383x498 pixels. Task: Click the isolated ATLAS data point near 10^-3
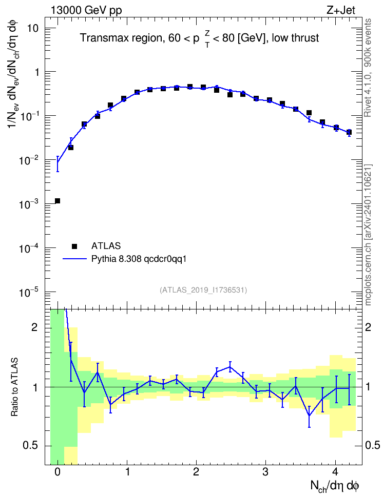tap(58, 201)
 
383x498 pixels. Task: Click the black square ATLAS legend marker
tap(74, 246)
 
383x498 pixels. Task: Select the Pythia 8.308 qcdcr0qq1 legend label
tap(139, 259)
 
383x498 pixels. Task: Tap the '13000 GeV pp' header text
tap(86, 10)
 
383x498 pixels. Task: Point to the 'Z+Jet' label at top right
tap(341, 10)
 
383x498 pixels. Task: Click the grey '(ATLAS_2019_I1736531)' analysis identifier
tap(203, 289)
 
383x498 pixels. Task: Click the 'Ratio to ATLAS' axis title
tap(15, 387)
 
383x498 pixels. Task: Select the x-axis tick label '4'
tap(335, 472)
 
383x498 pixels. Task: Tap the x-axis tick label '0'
tap(58, 472)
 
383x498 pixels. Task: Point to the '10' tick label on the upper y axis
tap(32, 28)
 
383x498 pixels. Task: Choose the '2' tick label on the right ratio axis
tap(368, 327)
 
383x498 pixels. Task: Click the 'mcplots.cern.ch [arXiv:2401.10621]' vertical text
tap(368, 235)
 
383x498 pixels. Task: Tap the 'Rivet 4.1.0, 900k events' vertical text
tap(368, 68)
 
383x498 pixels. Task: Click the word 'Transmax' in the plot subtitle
tap(101, 38)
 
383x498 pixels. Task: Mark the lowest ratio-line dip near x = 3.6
tap(309, 416)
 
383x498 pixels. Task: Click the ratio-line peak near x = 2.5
tap(230, 367)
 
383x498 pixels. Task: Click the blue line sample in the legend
tap(74, 259)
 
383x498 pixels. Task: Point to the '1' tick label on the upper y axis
tap(37, 72)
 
